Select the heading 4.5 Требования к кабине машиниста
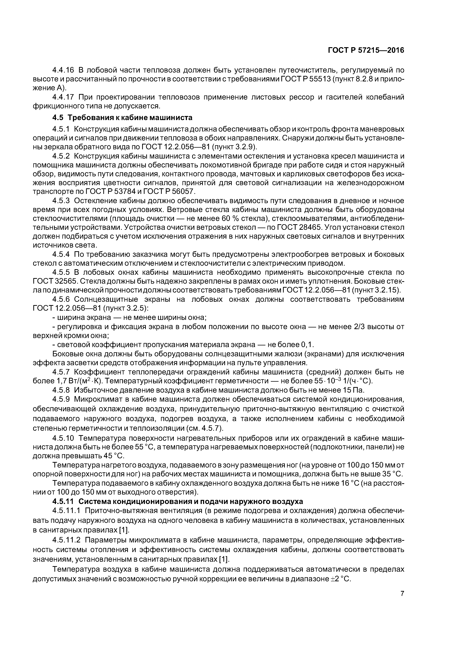click(123, 117)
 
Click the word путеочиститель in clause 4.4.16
click(304, 70)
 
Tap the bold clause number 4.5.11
click(63, 501)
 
